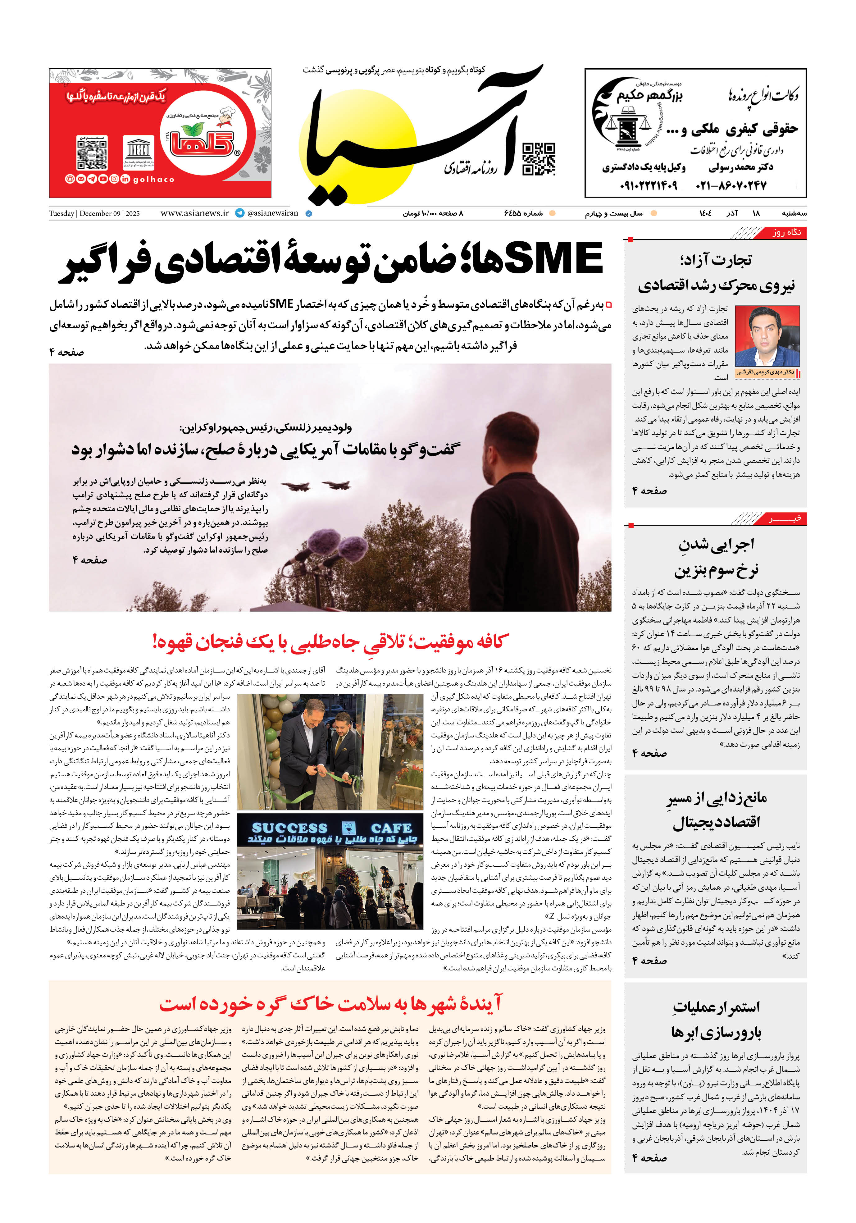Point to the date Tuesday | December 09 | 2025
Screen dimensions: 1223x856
pos(94,214)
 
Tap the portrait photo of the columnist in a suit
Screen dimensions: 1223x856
pos(767,336)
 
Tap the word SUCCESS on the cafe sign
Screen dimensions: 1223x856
pos(289,828)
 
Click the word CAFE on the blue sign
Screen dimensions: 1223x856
pos(391,828)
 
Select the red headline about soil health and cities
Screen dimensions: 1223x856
pos(330,1004)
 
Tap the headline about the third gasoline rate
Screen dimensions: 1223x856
pos(715,557)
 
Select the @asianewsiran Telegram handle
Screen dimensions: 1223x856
pos(272,213)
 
